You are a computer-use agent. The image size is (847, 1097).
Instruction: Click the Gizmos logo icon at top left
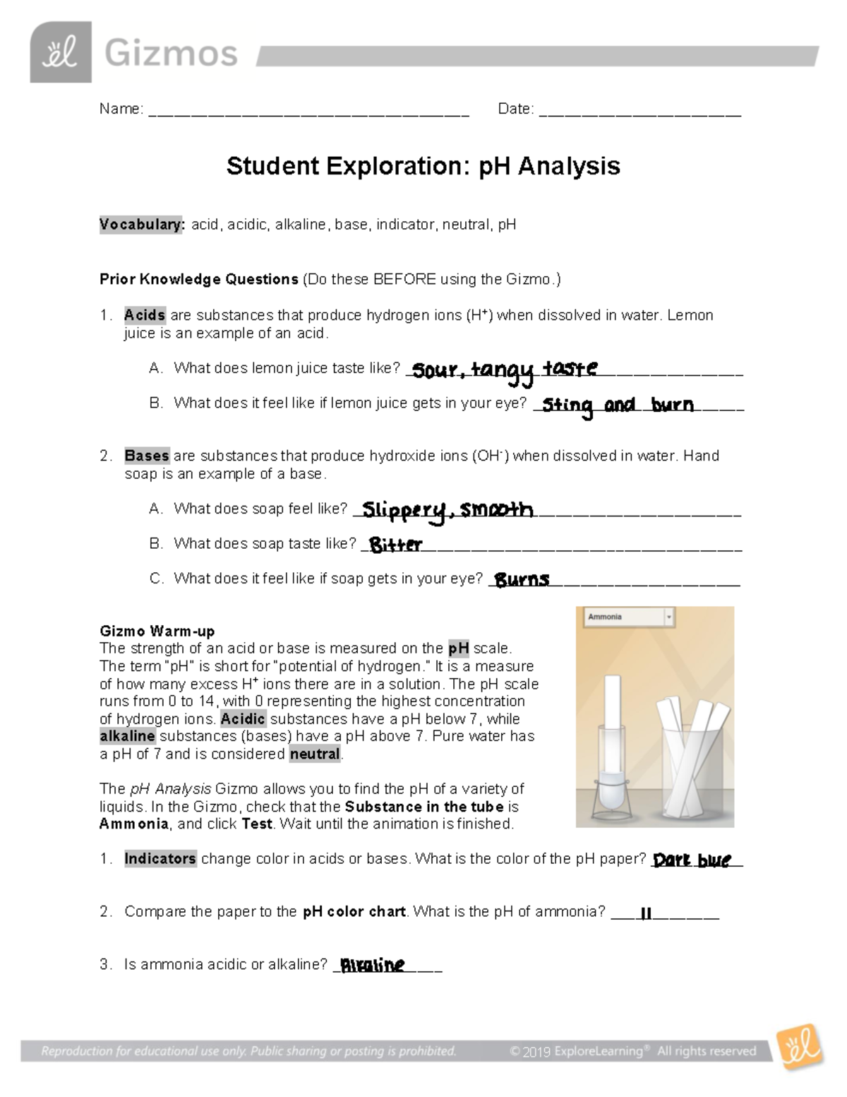coord(60,52)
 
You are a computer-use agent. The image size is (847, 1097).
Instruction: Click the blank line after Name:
coord(308,111)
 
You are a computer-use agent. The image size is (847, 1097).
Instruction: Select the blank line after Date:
coord(639,111)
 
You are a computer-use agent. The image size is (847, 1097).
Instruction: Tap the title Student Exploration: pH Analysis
coord(423,166)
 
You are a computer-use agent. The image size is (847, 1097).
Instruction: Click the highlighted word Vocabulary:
coord(142,225)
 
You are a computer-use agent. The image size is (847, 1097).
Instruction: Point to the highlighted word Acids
coord(145,315)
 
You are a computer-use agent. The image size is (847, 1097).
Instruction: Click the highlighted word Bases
coord(147,456)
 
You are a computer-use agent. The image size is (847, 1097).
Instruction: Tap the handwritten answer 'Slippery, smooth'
coord(447,510)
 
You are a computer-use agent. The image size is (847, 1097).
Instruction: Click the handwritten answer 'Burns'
coord(522,580)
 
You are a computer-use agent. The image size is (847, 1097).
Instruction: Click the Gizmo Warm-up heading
coord(157,631)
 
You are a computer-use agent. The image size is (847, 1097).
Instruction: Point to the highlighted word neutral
coord(315,754)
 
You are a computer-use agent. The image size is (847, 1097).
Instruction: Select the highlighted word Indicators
coord(160,859)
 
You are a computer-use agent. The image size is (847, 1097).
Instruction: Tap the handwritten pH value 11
coord(644,913)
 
